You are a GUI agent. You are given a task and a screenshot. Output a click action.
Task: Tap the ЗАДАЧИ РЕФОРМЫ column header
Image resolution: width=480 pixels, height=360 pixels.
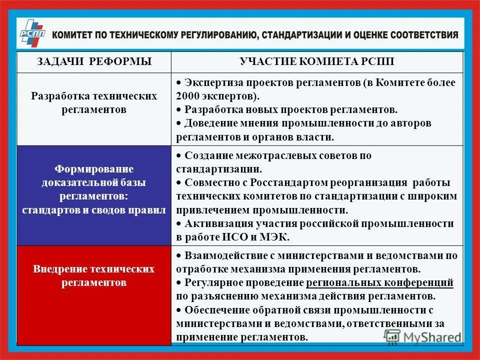coord(94,61)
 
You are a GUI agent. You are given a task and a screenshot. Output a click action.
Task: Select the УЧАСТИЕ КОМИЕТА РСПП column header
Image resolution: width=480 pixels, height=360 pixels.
coord(317,61)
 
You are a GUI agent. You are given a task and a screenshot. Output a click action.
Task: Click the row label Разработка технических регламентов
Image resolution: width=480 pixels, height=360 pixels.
coord(94,102)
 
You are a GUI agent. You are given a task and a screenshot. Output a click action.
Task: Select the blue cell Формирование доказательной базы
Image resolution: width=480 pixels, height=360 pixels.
coord(94,189)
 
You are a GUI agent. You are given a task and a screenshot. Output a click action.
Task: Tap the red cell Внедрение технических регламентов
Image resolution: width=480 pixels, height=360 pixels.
coord(94,276)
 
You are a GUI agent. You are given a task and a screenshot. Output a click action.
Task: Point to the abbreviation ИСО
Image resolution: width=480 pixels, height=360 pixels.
coord(232,236)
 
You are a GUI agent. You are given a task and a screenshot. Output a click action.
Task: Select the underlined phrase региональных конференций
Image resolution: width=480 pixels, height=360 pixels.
coord(379,282)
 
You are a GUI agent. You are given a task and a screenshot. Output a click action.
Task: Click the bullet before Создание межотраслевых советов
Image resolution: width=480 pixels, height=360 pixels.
coord(178,156)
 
